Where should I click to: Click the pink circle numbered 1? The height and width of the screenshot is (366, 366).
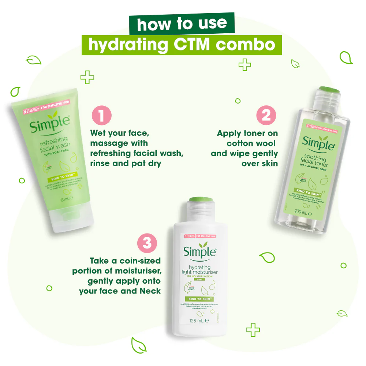coord(101,116)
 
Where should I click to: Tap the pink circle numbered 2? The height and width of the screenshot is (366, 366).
coord(266,116)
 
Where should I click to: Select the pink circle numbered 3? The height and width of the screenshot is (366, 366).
coord(147,243)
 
